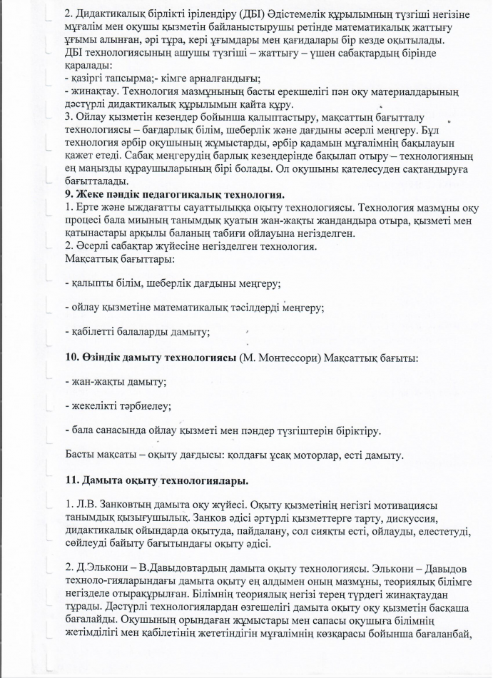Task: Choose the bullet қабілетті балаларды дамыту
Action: pyautogui.click(x=137, y=331)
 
